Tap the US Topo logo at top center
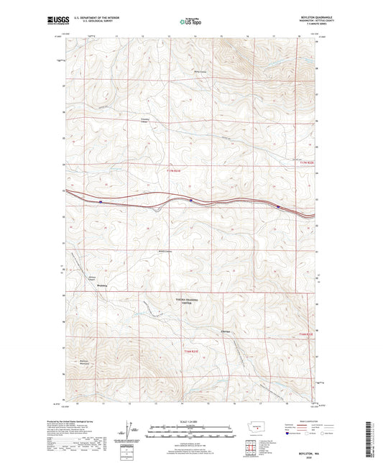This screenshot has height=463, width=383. [x=190, y=22]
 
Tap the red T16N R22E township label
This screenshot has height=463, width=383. [x=307, y=334]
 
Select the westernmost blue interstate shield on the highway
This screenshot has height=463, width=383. [x=101, y=202]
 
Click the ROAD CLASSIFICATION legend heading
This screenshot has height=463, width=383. [x=302, y=422]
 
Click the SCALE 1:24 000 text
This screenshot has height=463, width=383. [x=190, y=421]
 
